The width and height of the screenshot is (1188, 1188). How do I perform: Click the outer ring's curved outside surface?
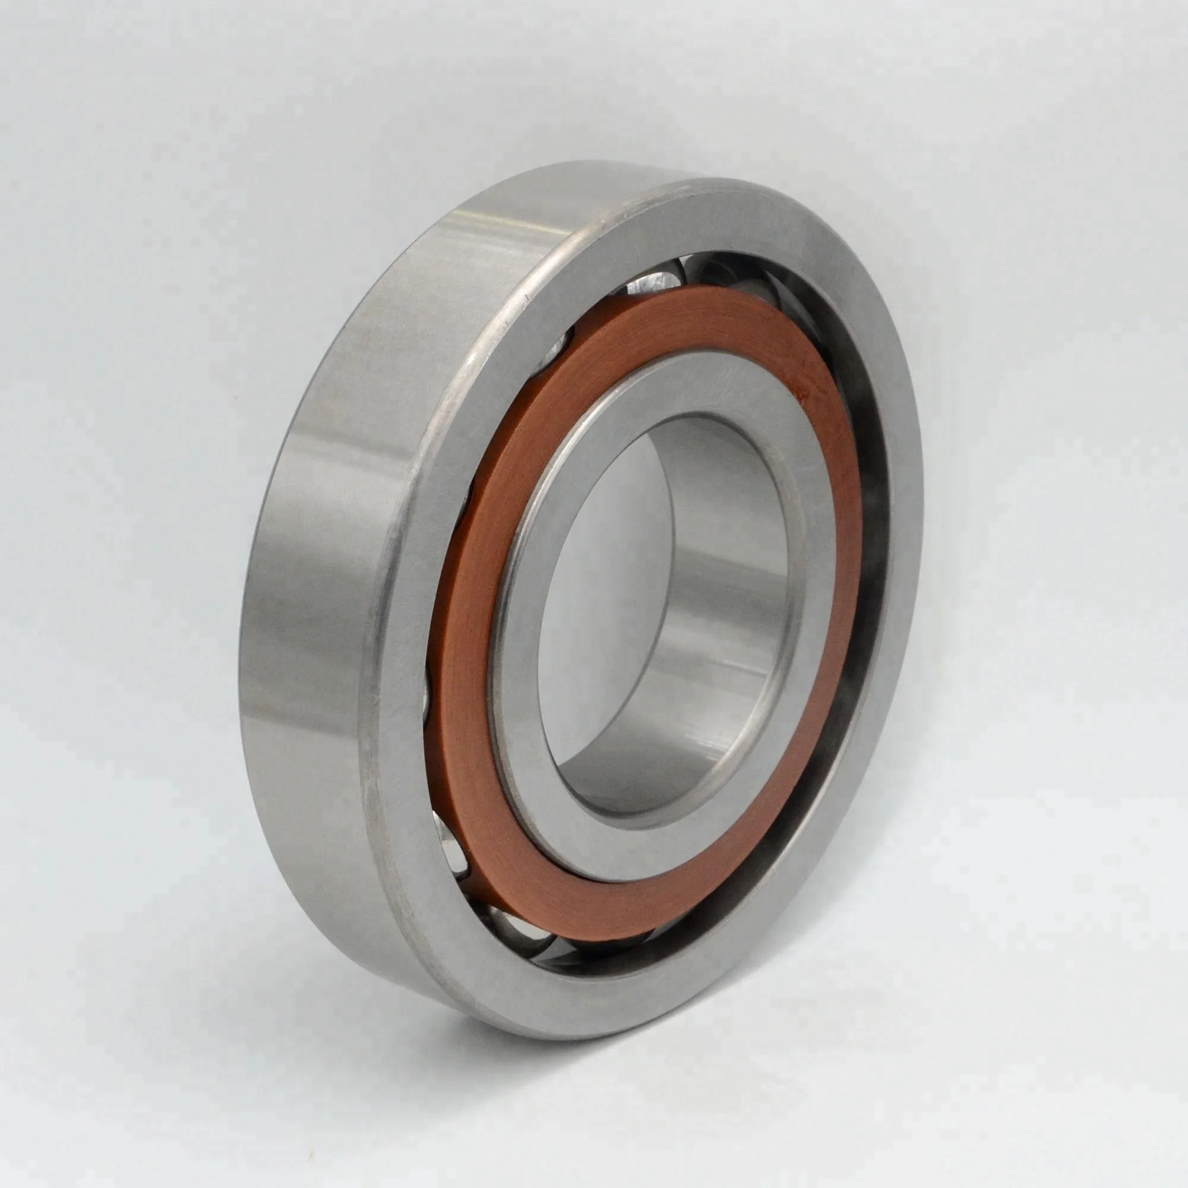308,554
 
